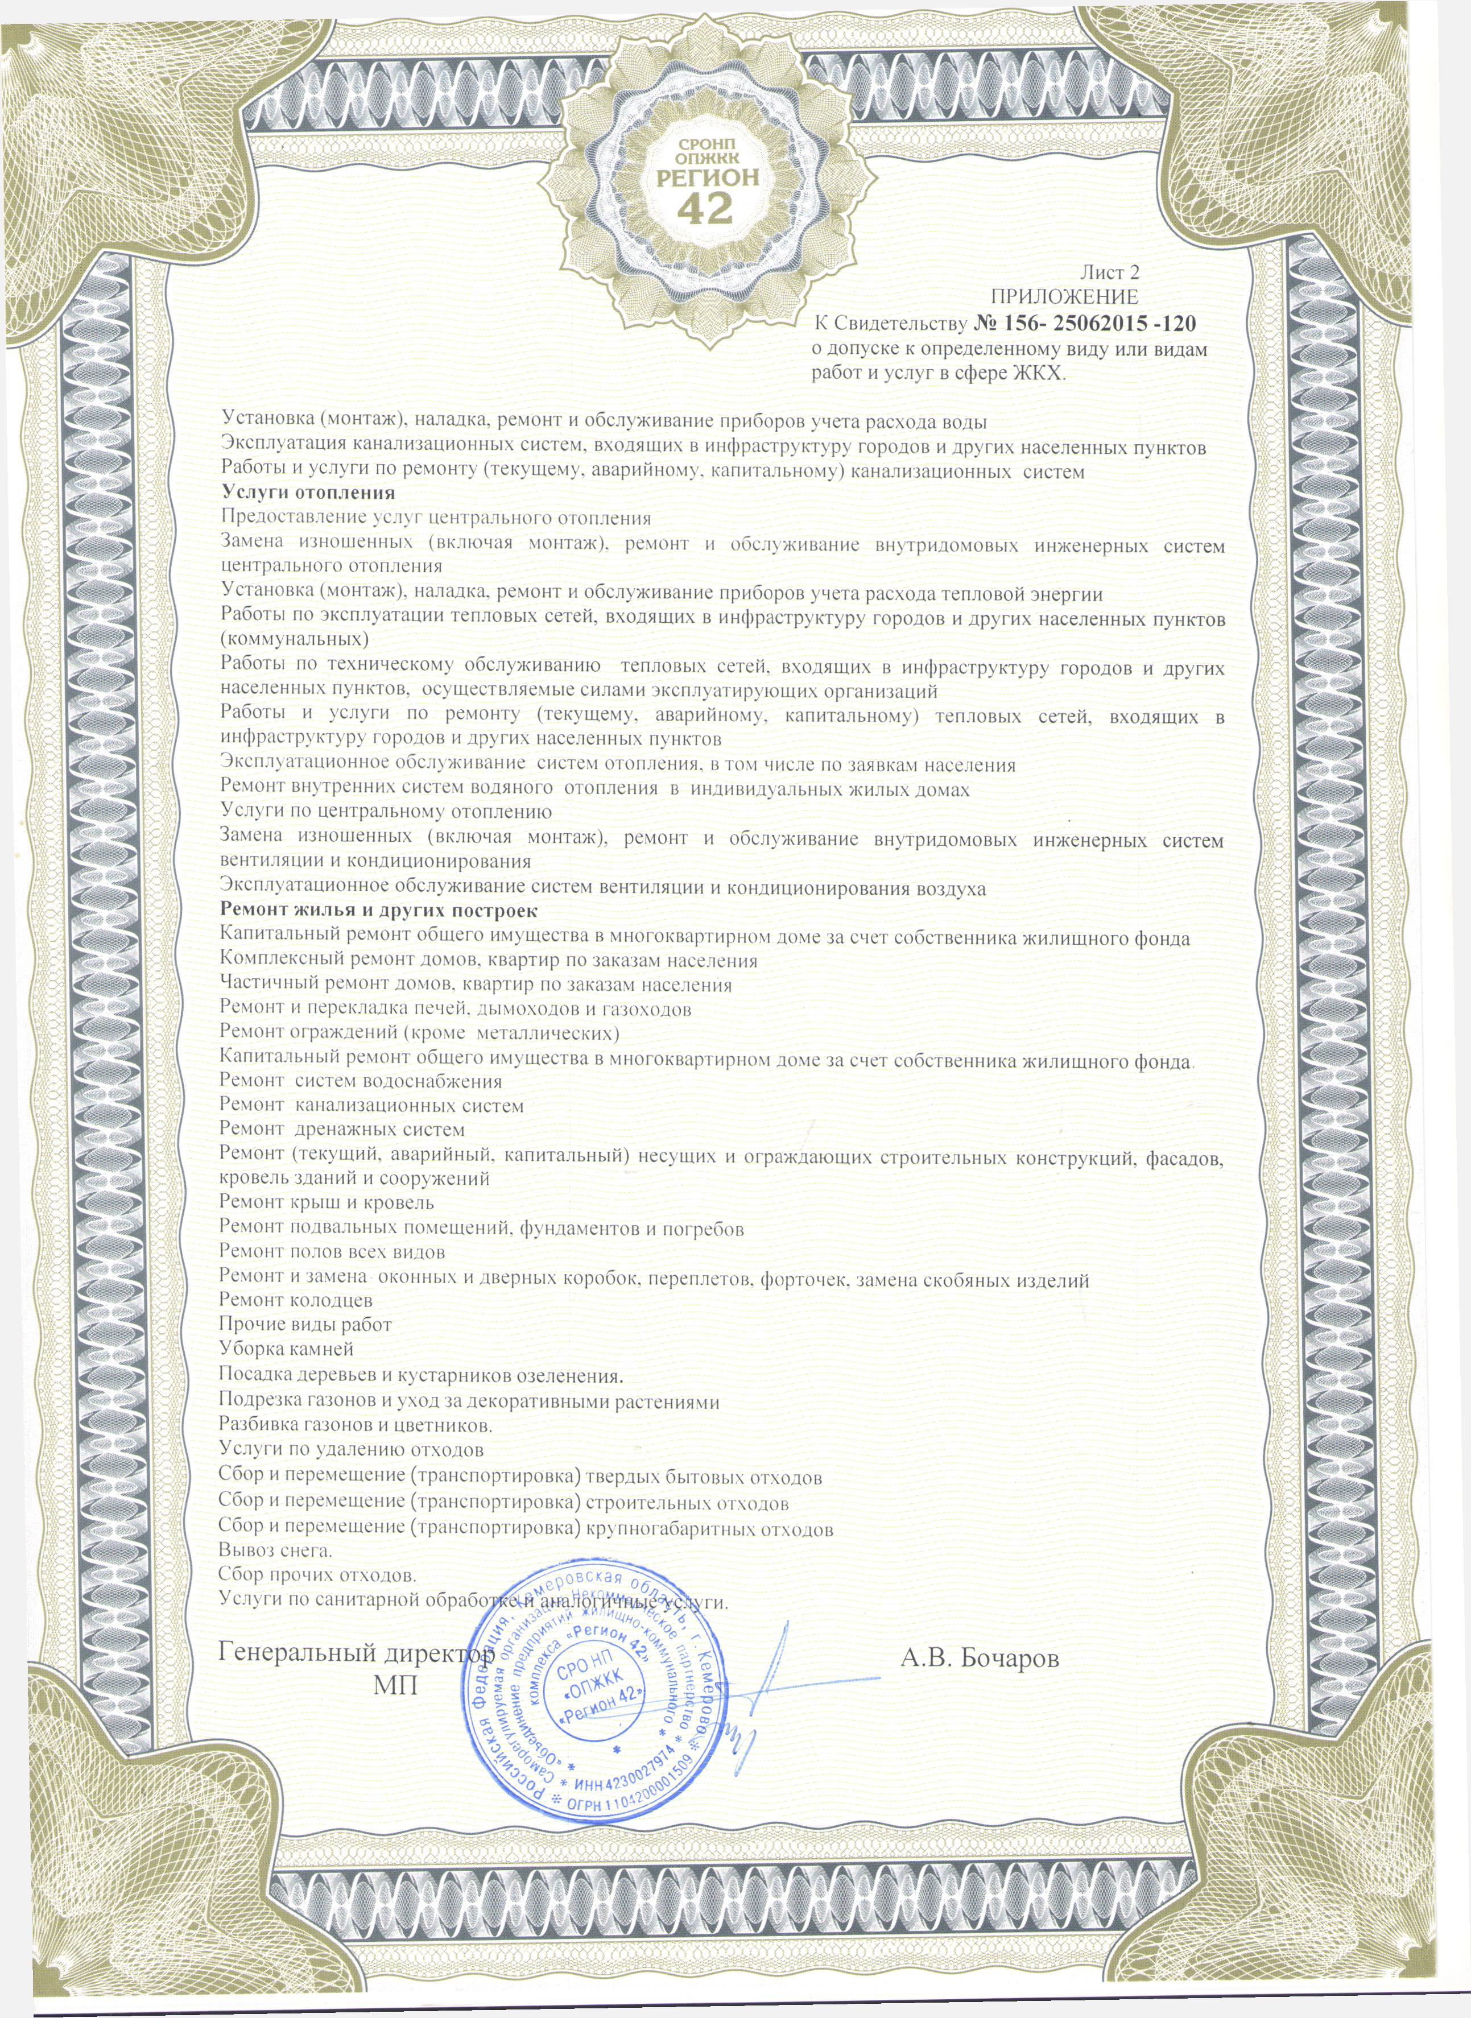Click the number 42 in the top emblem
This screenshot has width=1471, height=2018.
tap(705, 208)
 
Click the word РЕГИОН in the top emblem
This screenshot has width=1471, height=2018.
tap(707, 176)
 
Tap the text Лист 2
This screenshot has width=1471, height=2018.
tap(1109, 273)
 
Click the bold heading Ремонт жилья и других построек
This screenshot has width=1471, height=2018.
tap(378, 911)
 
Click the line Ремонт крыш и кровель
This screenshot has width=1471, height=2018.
tap(327, 1202)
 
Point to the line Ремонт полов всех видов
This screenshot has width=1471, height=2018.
tap(332, 1251)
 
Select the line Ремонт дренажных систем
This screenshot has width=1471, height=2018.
tap(342, 1130)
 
